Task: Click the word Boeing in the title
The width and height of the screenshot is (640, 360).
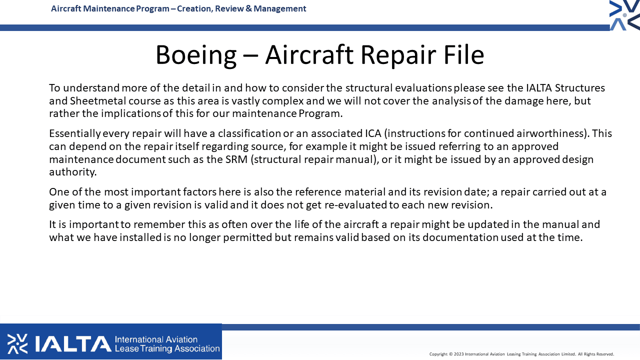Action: pos(196,55)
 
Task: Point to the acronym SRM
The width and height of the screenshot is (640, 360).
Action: pos(236,159)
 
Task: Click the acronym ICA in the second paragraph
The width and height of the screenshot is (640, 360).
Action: pos(373,133)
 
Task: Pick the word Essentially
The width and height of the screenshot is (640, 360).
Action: pos(75,133)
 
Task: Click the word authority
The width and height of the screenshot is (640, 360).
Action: pos(73,172)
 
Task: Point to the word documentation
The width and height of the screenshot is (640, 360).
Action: pos(460,237)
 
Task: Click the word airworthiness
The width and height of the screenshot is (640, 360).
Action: pos(550,133)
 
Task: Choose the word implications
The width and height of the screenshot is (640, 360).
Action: pos(131,113)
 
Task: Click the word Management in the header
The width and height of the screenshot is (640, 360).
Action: pos(279,9)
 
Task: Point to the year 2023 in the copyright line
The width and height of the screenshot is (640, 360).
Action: pos(459,354)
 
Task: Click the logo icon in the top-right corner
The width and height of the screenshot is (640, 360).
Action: pos(624,15)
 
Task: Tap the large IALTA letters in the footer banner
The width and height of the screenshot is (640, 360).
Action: pos(73,343)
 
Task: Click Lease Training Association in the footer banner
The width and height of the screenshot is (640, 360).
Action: pos(167,348)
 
